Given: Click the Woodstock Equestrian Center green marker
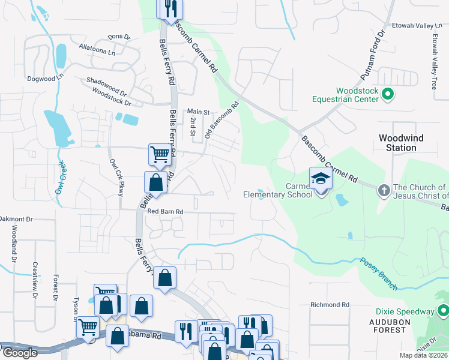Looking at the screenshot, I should pyautogui.click(x=387, y=94).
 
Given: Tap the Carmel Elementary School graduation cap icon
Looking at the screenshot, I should pyautogui.click(x=320, y=178).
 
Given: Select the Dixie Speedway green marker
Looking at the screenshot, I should pyautogui.click(x=443, y=311).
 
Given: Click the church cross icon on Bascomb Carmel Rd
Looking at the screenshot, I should pyautogui.click(x=384, y=191).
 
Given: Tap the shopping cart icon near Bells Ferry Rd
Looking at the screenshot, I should pyautogui.click(x=160, y=154).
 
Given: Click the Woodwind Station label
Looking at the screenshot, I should pyautogui.click(x=401, y=143).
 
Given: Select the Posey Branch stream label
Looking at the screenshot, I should pyautogui.click(x=379, y=274).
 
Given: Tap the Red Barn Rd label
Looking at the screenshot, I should pyautogui.click(x=165, y=212).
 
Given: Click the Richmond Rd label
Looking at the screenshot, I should pyautogui.click(x=330, y=305).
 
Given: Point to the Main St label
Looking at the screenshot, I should pyautogui.click(x=198, y=112).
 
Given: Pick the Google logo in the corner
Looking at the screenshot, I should pyautogui.click(x=19, y=353).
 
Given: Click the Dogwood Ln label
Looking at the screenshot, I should pyautogui.click(x=44, y=78).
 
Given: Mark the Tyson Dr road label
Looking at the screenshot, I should pyautogui.click(x=76, y=309).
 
